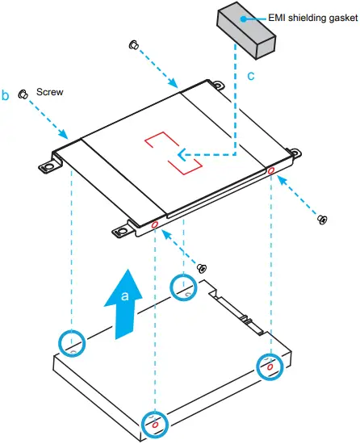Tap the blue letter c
251,77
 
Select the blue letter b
6,95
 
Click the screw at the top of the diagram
133,44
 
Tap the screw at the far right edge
322,219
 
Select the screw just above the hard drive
203,268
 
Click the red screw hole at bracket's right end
270,171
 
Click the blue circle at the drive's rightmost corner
269,366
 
